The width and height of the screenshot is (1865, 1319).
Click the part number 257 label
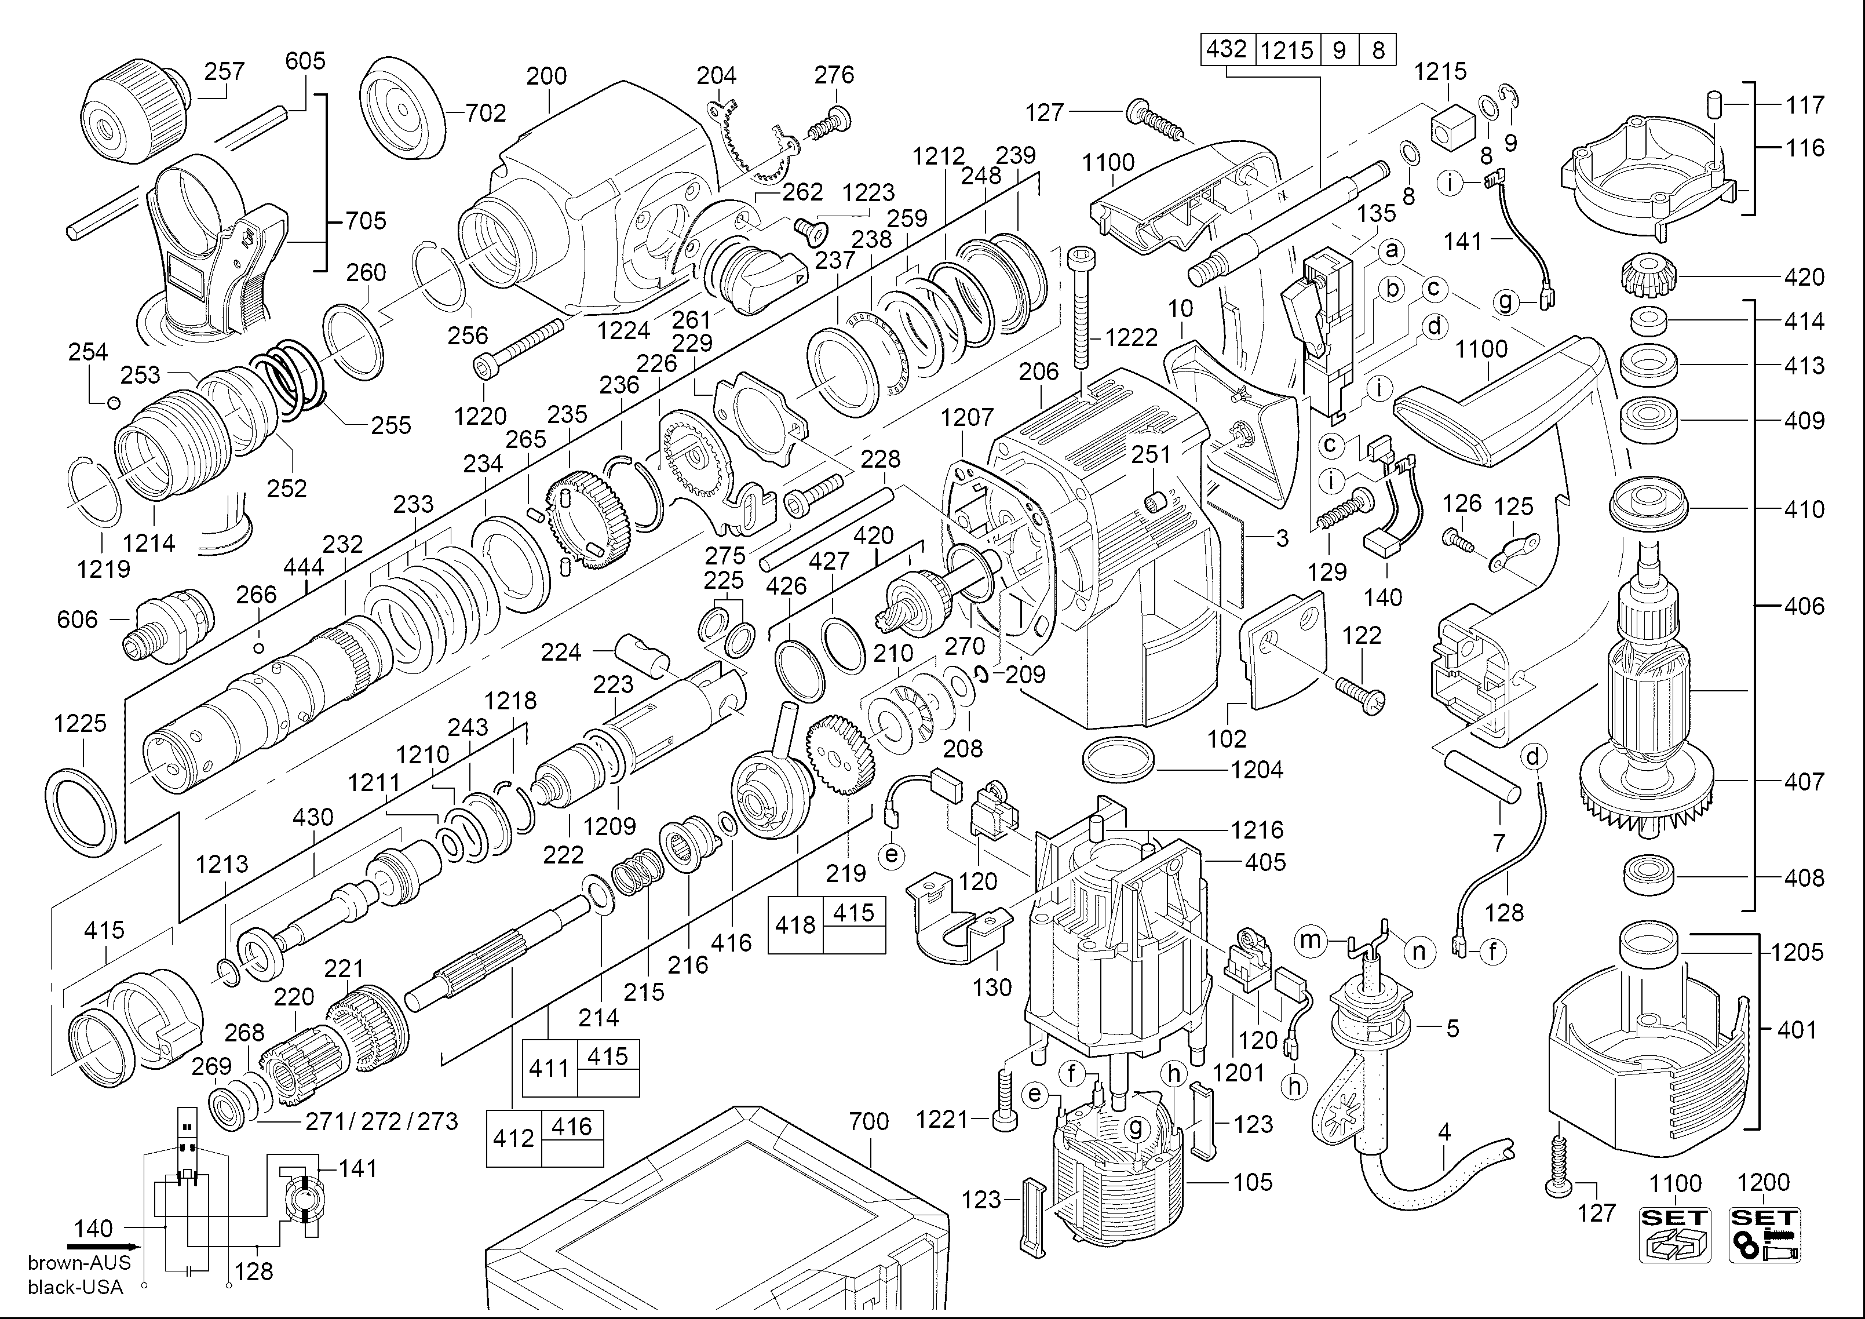point(224,71)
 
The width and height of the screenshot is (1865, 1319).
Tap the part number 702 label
point(486,113)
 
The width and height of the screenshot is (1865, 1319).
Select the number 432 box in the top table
point(1227,50)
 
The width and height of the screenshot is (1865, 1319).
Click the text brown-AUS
point(79,1263)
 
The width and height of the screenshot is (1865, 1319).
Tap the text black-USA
point(75,1287)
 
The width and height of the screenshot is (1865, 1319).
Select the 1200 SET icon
point(1764,1234)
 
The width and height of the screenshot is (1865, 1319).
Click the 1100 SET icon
point(1675,1234)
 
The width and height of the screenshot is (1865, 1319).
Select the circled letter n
point(1418,952)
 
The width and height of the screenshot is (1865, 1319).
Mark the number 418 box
point(795,925)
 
